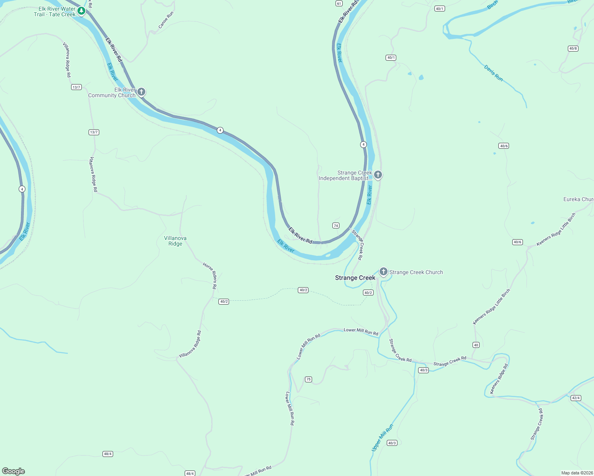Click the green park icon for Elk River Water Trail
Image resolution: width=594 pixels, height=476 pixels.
(x=81, y=10)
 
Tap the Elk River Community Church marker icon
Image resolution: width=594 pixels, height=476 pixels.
(x=141, y=92)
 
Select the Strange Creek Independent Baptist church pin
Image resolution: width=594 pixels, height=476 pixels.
(x=378, y=175)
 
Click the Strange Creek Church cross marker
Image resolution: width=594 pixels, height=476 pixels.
(x=383, y=272)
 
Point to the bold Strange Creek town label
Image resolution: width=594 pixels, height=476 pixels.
(x=355, y=278)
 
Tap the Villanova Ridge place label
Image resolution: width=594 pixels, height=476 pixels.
(x=175, y=241)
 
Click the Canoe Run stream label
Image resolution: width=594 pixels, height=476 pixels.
(x=166, y=20)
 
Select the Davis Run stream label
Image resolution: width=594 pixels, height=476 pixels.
(x=494, y=73)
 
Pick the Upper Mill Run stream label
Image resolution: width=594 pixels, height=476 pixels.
(x=382, y=438)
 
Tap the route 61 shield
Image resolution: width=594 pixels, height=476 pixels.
(x=339, y=4)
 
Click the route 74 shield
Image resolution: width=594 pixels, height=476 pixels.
(x=336, y=226)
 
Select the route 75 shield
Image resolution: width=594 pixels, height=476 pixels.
(x=309, y=380)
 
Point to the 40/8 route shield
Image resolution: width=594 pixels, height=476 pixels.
(x=573, y=49)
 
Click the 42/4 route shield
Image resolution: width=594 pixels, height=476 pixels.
(x=575, y=398)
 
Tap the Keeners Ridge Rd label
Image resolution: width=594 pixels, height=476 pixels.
(x=499, y=379)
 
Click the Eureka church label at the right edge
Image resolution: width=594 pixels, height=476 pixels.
(x=578, y=199)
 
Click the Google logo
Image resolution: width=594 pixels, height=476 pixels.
(x=13, y=471)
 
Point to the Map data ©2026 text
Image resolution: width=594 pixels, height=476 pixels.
(x=577, y=473)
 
